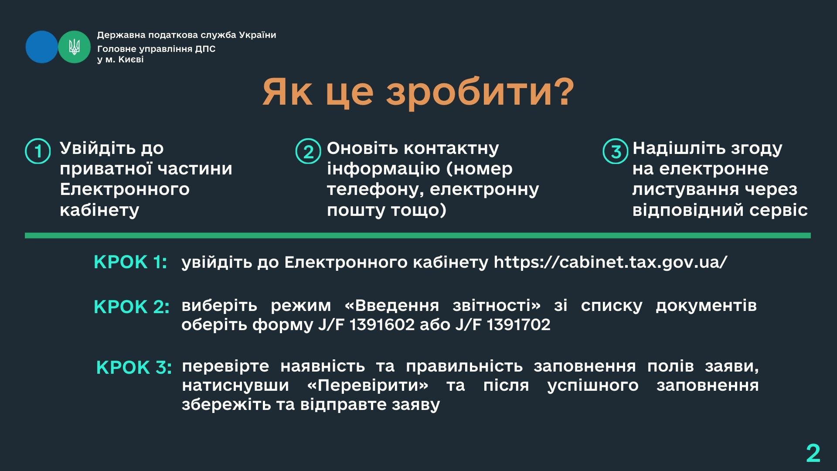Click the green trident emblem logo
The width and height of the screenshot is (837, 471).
(x=74, y=47)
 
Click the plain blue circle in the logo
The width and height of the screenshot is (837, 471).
(x=42, y=47)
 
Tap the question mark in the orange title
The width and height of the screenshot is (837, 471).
(x=562, y=92)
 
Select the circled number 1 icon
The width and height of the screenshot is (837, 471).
(x=38, y=151)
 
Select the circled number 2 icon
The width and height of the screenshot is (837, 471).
(x=308, y=151)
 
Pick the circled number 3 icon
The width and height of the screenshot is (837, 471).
(x=615, y=151)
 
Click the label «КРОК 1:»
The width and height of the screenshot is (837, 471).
(x=130, y=262)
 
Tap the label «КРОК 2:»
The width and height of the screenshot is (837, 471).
(x=132, y=307)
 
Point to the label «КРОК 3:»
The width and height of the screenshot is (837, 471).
(x=134, y=368)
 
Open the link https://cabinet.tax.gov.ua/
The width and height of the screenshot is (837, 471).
(x=610, y=263)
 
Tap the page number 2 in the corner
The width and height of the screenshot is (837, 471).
(x=813, y=453)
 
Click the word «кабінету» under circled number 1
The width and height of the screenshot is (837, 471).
(x=99, y=210)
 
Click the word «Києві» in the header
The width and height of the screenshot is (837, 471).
(x=131, y=59)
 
